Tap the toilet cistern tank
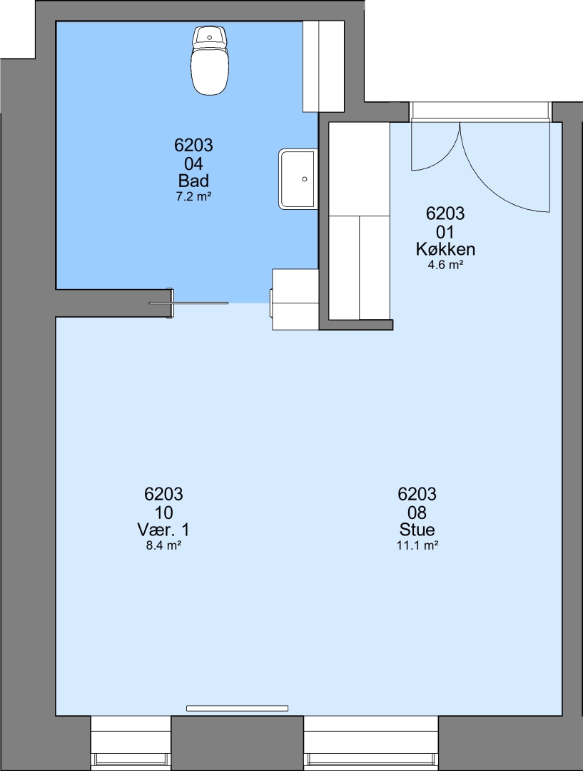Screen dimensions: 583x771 [x=210, y=37]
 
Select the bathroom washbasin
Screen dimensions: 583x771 [x=298, y=179]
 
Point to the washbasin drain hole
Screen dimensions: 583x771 [x=305, y=179]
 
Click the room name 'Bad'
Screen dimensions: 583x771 [x=193, y=181]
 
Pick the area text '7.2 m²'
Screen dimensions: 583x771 [x=193, y=197]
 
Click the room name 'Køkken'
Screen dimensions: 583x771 [x=445, y=249]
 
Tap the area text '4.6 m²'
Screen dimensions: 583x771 [x=445, y=265]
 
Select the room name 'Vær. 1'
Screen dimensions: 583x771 [x=163, y=530]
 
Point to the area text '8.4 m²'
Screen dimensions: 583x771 [x=163, y=545]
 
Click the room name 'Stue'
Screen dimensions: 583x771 [x=417, y=530]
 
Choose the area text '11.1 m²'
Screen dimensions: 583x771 [x=417, y=545]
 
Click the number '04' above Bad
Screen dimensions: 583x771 [x=193, y=163]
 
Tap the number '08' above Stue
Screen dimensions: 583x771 [x=417, y=513]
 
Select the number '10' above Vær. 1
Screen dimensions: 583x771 [x=163, y=513]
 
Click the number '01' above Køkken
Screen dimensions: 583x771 [x=445, y=231]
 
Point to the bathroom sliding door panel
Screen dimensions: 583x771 [x=189, y=303]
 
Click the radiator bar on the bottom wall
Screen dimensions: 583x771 [x=237, y=708]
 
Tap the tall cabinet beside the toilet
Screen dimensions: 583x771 [x=323, y=66]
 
